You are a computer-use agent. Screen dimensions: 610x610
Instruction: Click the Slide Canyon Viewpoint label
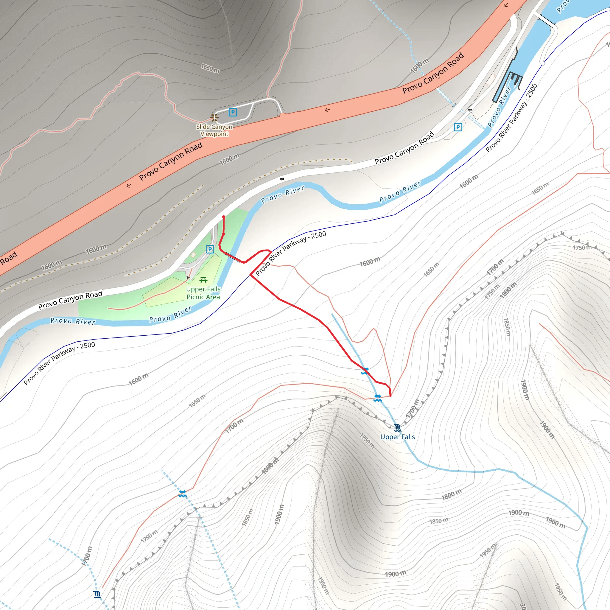(x=214, y=130)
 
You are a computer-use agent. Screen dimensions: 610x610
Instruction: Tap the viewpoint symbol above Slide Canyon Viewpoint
(x=215, y=117)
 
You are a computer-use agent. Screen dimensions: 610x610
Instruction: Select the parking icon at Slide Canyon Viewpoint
(x=233, y=112)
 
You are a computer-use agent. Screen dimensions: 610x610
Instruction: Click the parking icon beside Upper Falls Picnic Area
(x=210, y=249)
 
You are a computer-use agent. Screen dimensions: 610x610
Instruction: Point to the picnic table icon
(x=203, y=280)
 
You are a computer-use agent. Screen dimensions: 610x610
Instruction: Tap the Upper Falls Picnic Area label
(x=203, y=293)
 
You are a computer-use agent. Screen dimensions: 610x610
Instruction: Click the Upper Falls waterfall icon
(x=398, y=428)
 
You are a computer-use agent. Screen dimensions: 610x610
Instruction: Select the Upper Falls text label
(x=398, y=437)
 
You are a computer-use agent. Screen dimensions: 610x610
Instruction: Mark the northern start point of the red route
(x=224, y=217)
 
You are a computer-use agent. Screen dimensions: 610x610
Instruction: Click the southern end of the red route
(x=390, y=395)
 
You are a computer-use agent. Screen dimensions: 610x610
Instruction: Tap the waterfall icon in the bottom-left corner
(x=97, y=595)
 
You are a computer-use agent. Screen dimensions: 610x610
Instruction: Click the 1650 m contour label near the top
(x=210, y=68)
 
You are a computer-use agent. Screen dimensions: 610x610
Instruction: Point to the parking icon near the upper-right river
(x=458, y=127)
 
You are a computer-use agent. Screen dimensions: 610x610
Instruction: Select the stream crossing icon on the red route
(x=365, y=371)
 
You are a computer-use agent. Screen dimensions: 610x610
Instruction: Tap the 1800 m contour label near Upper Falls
(x=452, y=494)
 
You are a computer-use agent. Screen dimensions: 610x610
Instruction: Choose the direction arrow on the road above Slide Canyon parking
(x=327, y=110)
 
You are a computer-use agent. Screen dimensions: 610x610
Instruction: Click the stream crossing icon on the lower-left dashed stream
(x=182, y=494)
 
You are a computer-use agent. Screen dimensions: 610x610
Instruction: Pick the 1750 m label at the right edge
(x=582, y=248)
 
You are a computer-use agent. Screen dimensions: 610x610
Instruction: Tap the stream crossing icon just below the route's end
(x=378, y=398)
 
